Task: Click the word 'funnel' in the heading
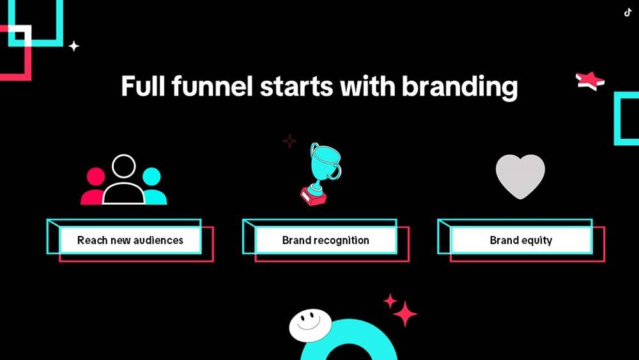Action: click(x=212, y=86)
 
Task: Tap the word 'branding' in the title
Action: click(x=459, y=88)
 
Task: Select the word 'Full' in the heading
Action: click(x=142, y=86)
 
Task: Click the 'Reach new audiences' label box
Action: click(x=130, y=240)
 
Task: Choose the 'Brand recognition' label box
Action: click(x=326, y=240)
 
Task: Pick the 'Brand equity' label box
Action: click(x=521, y=240)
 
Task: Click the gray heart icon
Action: click(x=520, y=176)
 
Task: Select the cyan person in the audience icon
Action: click(x=153, y=187)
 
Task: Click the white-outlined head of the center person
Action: click(x=123, y=166)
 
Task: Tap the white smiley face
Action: click(x=310, y=325)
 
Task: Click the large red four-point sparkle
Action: click(x=404, y=314)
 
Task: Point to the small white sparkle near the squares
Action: click(x=73, y=46)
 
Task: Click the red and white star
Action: click(x=590, y=81)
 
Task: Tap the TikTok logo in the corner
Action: click(x=628, y=13)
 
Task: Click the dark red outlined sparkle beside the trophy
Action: click(x=289, y=141)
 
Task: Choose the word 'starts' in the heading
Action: click(x=296, y=87)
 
